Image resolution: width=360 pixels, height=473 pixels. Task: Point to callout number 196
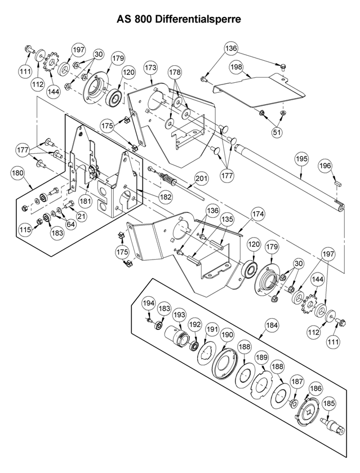click(325, 166)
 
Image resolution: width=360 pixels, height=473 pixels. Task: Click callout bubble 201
click(202, 179)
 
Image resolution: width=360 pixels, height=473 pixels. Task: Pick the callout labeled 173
click(150, 68)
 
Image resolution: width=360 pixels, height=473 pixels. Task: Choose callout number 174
click(259, 214)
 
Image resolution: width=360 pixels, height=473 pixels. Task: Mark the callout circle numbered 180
click(18, 173)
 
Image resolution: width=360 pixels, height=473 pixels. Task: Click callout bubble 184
click(272, 325)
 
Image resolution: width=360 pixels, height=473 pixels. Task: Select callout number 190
click(227, 335)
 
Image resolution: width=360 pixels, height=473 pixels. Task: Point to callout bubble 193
click(180, 315)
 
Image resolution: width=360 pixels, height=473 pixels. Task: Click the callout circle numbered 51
click(277, 132)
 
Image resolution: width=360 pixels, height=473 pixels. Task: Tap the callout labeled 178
click(175, 72)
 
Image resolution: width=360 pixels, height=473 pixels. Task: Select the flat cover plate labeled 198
click(259, 90)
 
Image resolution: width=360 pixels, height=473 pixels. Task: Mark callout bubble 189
click(261, 358)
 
